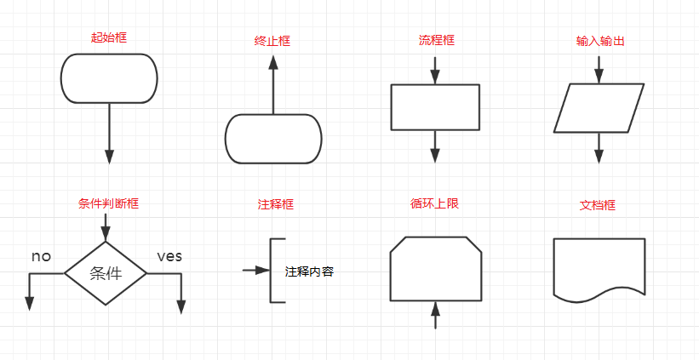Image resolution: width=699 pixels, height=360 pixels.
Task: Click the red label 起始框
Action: tap(109, 37)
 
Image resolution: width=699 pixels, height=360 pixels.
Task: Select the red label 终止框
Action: tap(272, 41)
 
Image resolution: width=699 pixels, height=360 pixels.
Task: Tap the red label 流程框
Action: tap(436, 40)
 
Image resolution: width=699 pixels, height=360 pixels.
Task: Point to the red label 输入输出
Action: tap(599, 40)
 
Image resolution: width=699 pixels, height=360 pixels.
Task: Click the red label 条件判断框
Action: tap(108, 203)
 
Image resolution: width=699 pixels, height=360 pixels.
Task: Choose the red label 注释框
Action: tap(275, 204)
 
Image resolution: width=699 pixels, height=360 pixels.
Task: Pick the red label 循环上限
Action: tap(434, 203)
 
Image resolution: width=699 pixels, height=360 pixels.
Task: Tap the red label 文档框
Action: tap(598, 205)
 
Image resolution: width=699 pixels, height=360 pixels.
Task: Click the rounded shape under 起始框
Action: tap(109, 78)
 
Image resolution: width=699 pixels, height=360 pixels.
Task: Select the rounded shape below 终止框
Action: tap(273, 139)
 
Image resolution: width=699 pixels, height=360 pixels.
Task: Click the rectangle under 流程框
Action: tap(435, 107)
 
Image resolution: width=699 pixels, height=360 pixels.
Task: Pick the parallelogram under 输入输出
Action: tap(599, 108)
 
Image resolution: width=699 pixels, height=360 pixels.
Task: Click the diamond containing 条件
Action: tap(106, 273)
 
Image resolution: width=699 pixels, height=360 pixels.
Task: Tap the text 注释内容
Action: tap(309, 272)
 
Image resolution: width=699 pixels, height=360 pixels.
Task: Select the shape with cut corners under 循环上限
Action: tap(436, 269)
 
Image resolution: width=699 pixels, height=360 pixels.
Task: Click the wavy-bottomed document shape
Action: tap(599, 267)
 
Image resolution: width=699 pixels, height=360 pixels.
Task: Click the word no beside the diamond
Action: tap(42, 256)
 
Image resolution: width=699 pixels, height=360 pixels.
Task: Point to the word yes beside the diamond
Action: tap(169, 256)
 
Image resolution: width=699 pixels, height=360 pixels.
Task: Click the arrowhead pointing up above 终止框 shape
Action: tap(273, 63)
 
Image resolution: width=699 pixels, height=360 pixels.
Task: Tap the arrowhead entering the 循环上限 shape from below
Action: tap(436, 307)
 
